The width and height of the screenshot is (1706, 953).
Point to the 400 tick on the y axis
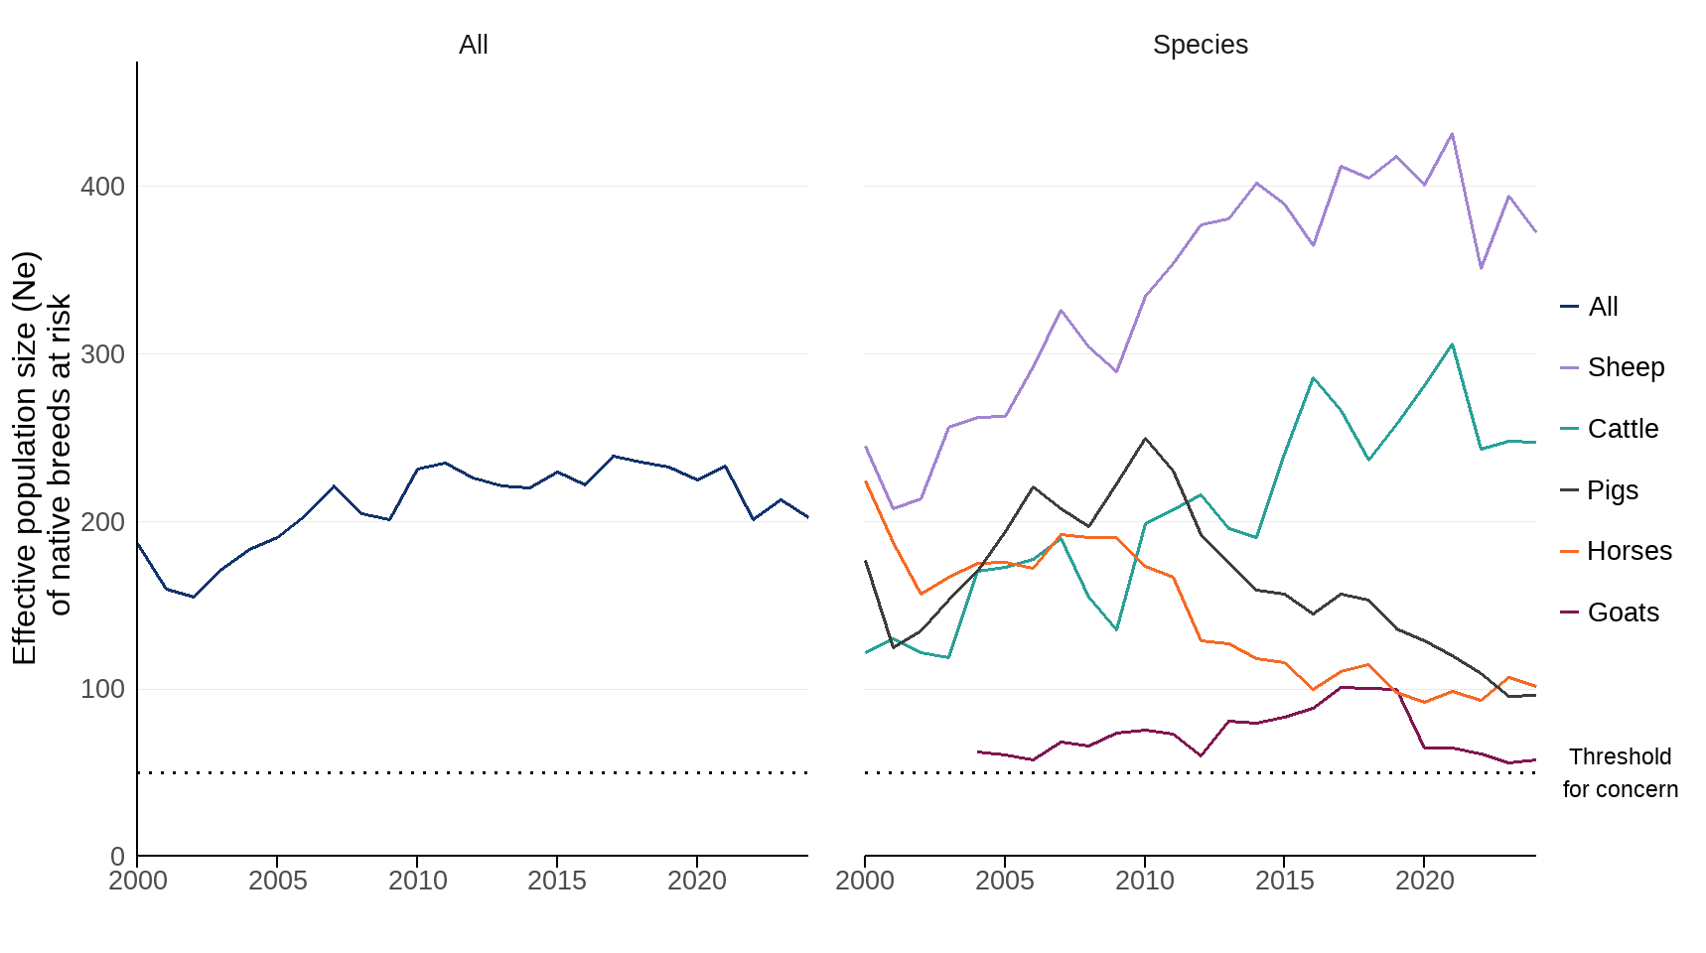point(102,187)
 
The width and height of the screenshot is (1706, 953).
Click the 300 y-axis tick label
point(102,354)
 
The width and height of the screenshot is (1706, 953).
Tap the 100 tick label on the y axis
point(102,689)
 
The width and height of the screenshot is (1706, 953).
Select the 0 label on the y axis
point(117,856)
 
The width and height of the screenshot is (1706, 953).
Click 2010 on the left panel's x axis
point(417,881)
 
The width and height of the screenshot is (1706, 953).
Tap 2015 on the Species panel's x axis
point(1284,881)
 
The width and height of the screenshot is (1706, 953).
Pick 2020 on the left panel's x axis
point(696,881)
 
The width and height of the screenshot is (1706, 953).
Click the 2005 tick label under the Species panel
point(1005,881)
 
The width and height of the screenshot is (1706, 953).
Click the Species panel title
point(1200,45)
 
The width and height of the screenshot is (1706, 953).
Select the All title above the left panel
point(473,45)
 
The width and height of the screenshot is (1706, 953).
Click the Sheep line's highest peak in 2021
point(1452,134)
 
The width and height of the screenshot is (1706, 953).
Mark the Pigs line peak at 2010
point(1145,438)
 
